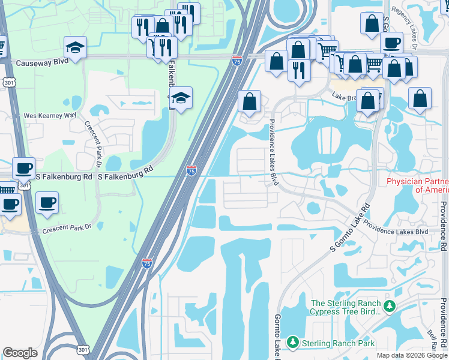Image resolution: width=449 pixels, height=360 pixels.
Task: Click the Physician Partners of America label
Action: pyautogui.click(x=417, y=185)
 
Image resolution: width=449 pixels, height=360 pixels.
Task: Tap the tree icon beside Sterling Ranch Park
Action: pyautogui.click(x=293, y=342)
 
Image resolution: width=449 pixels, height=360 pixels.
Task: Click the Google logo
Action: pyautogui.click(x=20, y=353)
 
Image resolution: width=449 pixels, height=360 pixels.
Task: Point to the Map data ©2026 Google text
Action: pyautogui.click(x=412, y=355)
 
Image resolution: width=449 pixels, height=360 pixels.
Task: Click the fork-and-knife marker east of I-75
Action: pyautogui.click(x=298, y=70)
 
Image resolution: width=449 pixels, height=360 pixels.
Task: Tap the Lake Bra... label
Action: pyautogui.click(x=345, y=95)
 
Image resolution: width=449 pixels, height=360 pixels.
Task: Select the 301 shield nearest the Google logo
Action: pyautogui.click(x=83, y=349)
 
